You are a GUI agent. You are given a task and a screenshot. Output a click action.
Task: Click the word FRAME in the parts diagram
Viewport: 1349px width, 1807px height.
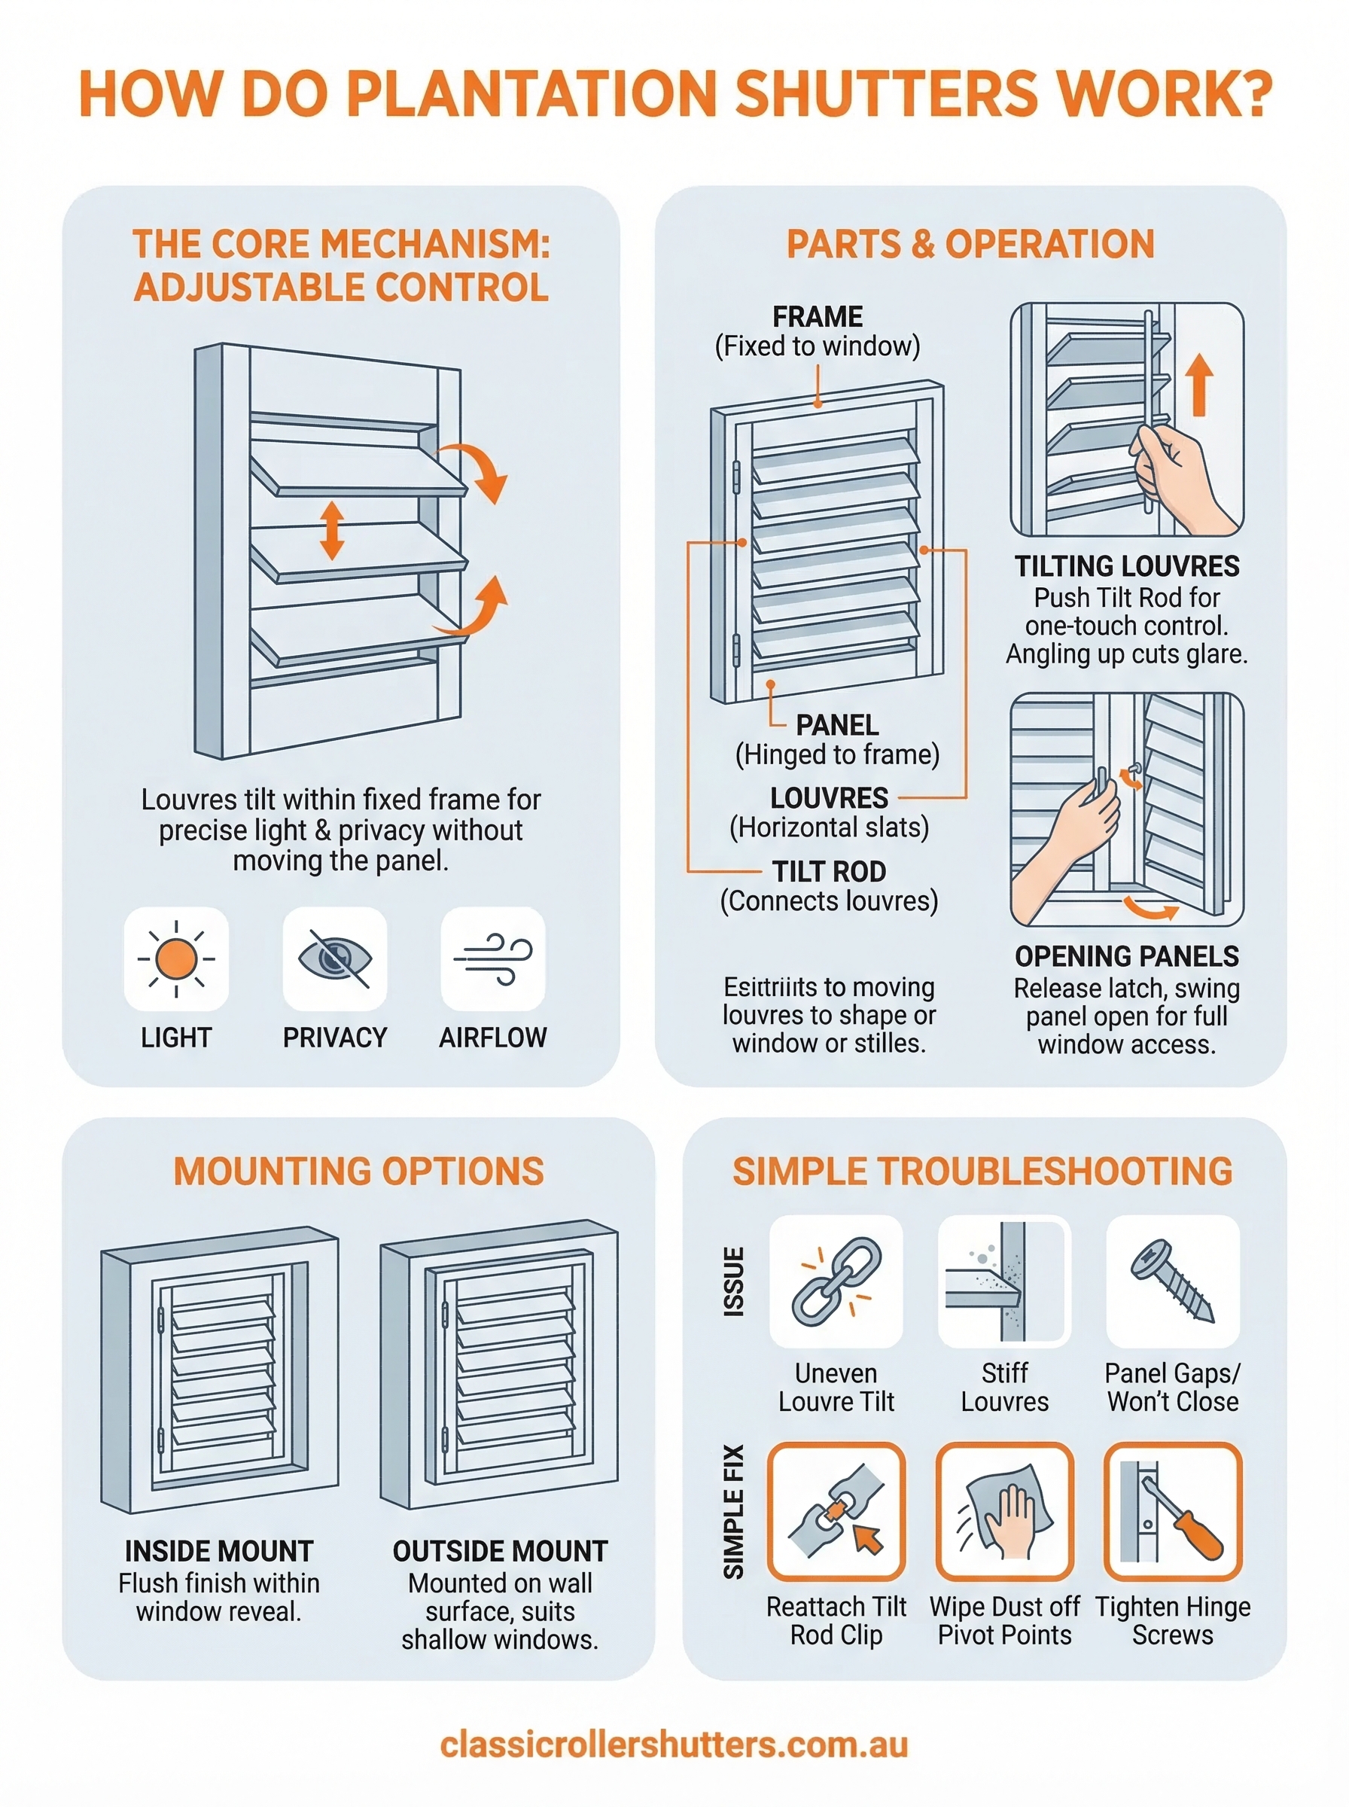click(818, 317)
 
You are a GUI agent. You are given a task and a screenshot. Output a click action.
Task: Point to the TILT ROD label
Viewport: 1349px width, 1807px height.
click(829, 871)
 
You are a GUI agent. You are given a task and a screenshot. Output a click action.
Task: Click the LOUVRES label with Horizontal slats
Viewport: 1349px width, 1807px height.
click(829, 798)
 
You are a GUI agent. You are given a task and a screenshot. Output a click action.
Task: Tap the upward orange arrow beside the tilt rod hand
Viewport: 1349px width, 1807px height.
click(1198, 384)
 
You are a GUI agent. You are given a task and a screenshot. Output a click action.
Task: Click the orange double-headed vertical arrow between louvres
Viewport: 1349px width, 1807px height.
click(331, 531)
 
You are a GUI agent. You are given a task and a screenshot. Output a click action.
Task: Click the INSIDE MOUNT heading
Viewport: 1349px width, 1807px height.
click(219, 1550)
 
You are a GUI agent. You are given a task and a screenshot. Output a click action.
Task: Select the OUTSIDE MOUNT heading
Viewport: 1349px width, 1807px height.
click(500, 1550)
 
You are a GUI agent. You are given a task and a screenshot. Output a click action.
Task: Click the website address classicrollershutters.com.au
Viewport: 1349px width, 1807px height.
click(674, 1745)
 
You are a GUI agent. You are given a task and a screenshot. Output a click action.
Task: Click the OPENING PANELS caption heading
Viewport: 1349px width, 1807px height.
click(1126, 956)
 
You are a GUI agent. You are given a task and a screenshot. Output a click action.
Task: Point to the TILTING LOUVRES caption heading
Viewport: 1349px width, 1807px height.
click(1126, 566)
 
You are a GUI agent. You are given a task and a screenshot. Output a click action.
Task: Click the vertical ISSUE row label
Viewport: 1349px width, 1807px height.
click(734, 1281)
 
